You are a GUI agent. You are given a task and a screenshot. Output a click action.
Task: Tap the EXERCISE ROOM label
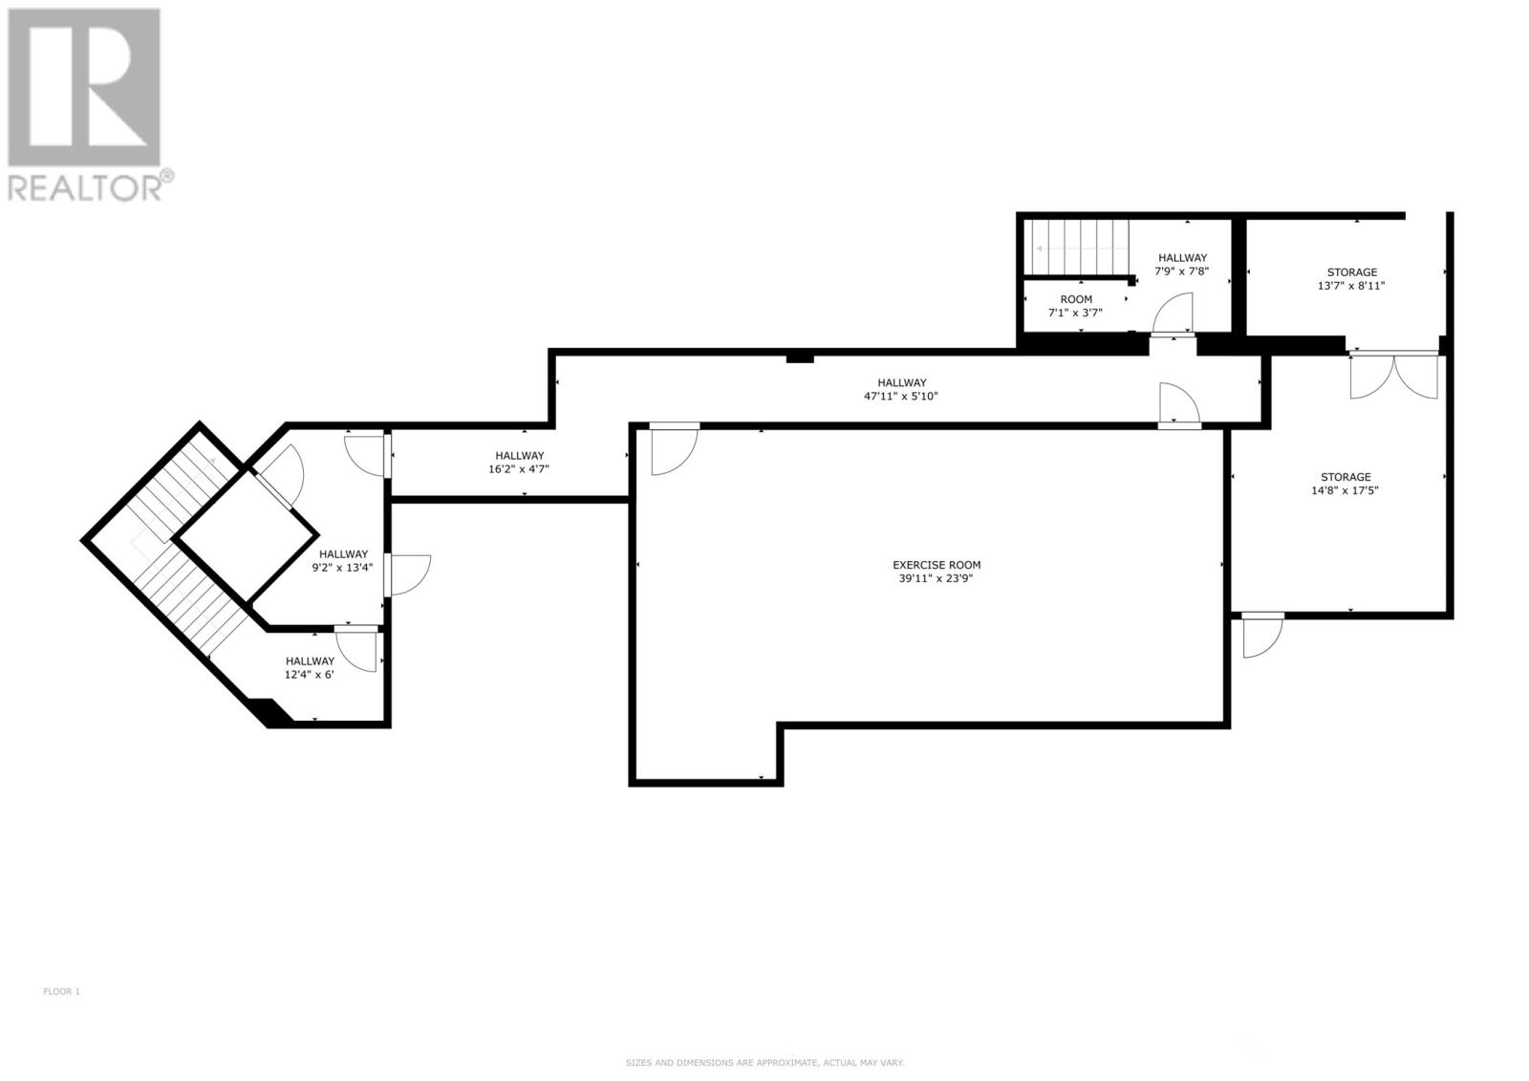[x=936, y=565]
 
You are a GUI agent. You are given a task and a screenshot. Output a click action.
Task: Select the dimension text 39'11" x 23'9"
[x=936, y=578]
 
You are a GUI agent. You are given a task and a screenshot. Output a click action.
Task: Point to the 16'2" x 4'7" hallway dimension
[x=519, y=469]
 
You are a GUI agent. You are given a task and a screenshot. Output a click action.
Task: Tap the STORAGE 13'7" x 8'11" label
[x=1351, y=278]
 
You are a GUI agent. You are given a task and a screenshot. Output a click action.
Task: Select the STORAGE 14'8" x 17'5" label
[x=1345, y=484]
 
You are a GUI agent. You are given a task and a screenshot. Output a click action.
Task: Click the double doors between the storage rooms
[x=1393, y=375]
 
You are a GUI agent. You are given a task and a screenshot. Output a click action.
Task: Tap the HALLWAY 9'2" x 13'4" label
[x=343, y=560]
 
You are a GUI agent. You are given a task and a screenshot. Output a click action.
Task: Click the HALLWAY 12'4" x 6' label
[x=310, y=667]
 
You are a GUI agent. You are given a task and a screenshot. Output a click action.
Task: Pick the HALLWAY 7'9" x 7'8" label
[x=1182, y=264]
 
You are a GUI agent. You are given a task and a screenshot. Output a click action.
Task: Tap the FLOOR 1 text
[x=61, y=991]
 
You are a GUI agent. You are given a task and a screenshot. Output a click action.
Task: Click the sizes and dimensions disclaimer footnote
[x=764, y=1063]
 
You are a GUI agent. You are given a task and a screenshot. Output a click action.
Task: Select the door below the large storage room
[x=1260, y=636]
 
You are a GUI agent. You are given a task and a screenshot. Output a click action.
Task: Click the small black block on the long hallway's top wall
[x=799, y=358]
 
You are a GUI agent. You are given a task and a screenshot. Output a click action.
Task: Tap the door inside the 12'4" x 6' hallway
[x=358, y=650]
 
